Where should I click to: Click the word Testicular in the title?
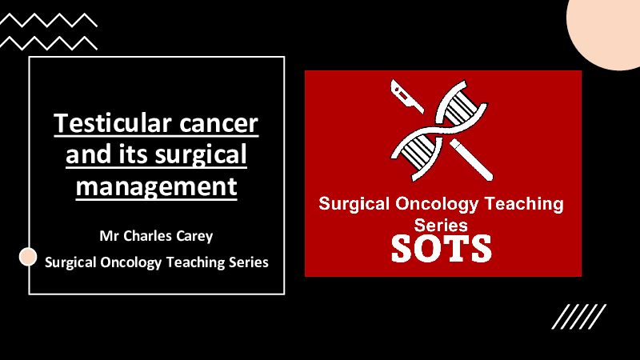[113, 122]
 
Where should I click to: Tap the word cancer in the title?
[218, 123]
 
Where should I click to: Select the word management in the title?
[156, 186]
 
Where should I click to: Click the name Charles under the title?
[148, 236]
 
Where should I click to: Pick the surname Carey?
[194, 237]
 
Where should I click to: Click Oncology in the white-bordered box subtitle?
[130, 262]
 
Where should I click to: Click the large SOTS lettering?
[442, 248]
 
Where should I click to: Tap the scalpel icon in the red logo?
[406, 96]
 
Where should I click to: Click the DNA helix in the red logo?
[438, 130]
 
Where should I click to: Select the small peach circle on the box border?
[28, 257]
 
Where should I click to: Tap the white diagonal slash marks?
[578, 316]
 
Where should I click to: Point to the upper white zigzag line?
[49, 20]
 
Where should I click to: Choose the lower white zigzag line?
[49, 43]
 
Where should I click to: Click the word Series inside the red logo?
[441, 225]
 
